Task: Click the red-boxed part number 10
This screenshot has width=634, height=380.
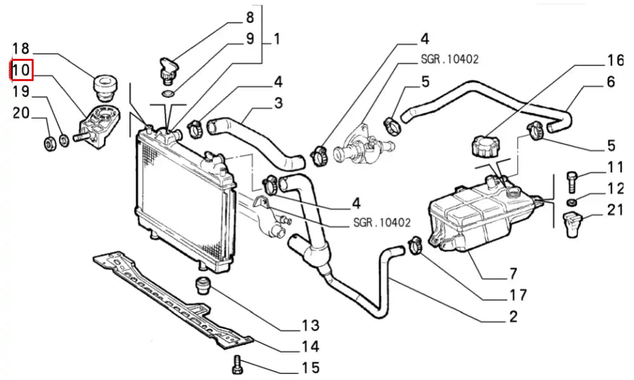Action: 21,70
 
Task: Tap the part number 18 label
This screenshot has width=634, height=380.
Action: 21,49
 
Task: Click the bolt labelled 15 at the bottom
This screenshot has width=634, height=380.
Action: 237,364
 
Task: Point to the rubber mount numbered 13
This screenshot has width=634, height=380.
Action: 203,286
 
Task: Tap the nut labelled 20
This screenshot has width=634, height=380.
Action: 49,144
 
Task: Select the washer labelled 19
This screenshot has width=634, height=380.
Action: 64,141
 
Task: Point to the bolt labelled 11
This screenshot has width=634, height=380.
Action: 572,183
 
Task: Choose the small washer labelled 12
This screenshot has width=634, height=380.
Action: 571,201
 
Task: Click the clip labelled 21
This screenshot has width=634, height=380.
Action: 572,224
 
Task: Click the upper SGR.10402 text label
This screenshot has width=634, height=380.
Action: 450,60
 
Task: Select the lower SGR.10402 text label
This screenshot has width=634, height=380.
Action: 382,222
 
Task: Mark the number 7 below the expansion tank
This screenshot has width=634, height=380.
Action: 513,274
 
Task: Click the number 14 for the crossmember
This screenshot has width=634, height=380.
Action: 311,346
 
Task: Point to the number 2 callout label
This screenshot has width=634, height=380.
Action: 513,316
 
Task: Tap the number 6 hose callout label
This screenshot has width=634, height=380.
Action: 611,82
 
